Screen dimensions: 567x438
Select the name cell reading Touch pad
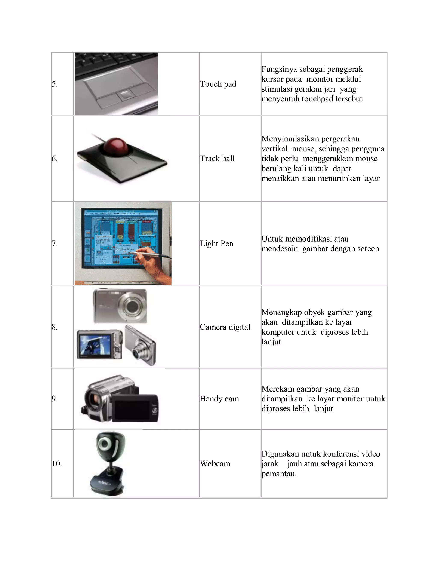pos(218,84)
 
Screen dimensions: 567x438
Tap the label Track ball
pos(217,158)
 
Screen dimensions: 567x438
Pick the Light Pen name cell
pos(216,243)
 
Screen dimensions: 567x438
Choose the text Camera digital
pos(225,327)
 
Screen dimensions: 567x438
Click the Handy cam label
pos(219,399)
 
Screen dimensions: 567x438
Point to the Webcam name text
pos(215,463)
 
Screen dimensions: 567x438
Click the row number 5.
pos(55,84)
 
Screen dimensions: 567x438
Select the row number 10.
pos(57,463)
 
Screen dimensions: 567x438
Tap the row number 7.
pos(55,243)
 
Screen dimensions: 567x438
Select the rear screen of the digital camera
pos(95,344)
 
